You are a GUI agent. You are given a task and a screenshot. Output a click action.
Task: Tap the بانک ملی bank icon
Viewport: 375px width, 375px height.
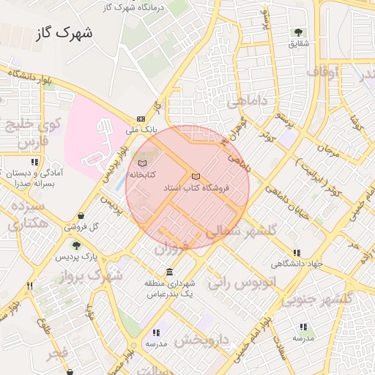[x=141, y=119]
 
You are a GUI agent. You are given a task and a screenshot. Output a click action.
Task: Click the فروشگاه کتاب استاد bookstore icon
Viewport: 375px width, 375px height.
[x=195, y=177]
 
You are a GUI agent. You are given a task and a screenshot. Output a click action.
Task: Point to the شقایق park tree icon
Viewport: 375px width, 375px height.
[x=299, y=32]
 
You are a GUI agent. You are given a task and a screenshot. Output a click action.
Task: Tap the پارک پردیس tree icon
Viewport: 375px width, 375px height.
[x=75, y=245]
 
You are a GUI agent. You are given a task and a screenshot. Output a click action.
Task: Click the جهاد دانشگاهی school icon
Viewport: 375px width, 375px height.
[x=297, y=253]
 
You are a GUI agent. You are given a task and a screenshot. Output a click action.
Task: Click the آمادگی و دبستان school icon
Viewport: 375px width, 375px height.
[x=34, y=162]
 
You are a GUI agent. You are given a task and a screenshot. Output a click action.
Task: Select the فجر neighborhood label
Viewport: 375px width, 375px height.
[x=57, y=354]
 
